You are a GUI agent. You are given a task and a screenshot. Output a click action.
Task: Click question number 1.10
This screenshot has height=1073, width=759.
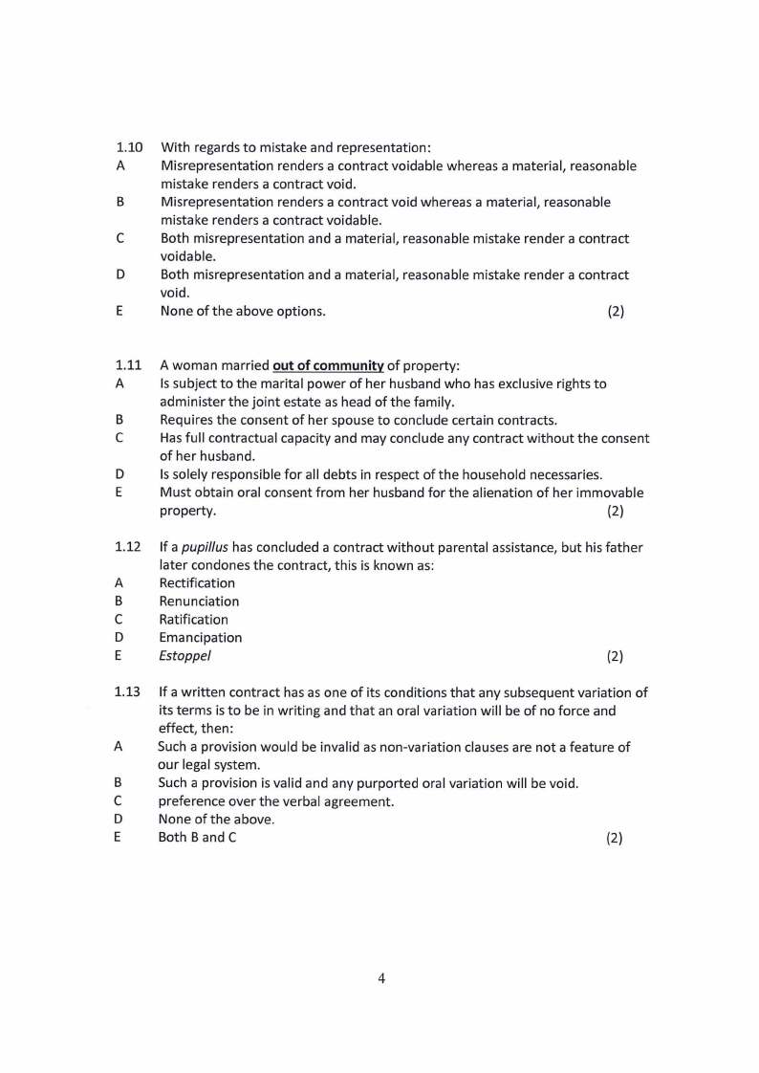(129, 147)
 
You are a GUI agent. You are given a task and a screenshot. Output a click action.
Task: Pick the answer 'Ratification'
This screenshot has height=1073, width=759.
(193, 620)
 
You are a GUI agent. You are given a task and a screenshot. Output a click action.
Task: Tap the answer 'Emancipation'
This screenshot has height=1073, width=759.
(200, 638)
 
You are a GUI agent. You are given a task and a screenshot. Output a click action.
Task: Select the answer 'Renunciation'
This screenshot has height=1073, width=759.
(199, 602)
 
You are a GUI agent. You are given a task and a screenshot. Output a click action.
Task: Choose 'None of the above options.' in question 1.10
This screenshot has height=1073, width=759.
(243, 311)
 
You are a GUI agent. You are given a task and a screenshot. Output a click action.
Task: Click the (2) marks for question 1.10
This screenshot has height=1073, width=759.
(615, 311)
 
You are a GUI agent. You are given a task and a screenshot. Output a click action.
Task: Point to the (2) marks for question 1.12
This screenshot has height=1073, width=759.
(615, 656)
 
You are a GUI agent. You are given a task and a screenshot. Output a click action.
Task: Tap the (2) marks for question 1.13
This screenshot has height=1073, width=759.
(614, 838)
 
